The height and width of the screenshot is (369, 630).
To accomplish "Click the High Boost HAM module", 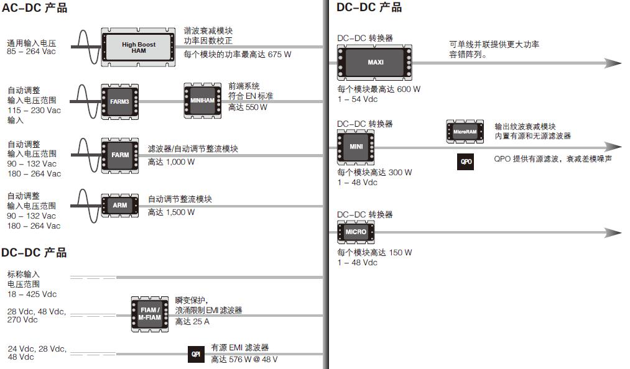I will (x=138, y=47).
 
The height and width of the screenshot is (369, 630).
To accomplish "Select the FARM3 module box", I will (x=119, y=101).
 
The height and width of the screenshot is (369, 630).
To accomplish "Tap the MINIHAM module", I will (x=202, y=101).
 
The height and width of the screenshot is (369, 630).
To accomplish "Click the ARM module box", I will (x=119, y=205).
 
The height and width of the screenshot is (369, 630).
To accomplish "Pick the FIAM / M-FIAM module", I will (x=149, y=314).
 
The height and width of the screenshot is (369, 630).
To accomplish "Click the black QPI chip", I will (x=195, y=354).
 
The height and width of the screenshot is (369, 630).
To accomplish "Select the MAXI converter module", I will (x=375, y=63).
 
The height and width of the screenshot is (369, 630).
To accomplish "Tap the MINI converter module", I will (x=356, y=147).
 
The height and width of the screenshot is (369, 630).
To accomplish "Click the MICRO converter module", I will (x=356, y=232).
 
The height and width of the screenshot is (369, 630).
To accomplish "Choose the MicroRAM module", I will (x=465, y=132).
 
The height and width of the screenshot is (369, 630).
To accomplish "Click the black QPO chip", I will (x=465, y=162).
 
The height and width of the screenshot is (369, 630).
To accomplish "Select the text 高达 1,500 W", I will (x=171, y=212).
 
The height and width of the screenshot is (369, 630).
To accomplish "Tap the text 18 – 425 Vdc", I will (x=32, y=294).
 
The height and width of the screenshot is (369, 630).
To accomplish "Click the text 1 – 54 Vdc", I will (x=357, y=99).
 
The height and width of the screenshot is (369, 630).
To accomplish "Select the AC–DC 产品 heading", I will (x=34, y=8).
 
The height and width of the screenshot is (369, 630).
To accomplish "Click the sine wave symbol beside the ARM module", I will (x=87, y=205).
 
